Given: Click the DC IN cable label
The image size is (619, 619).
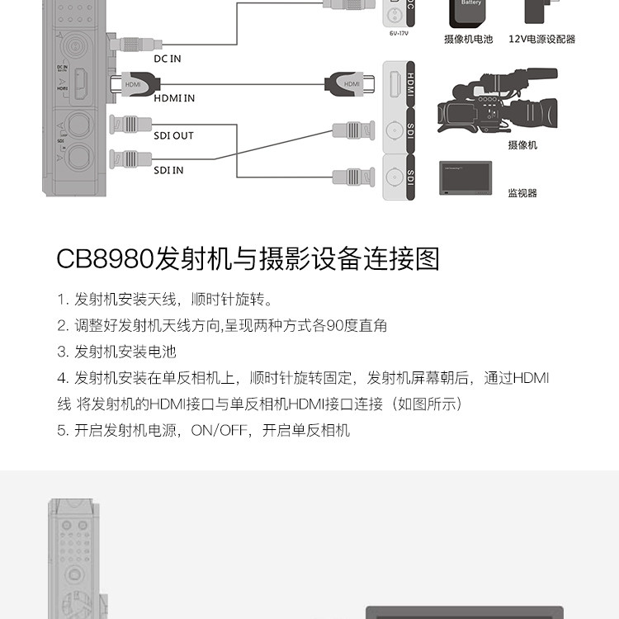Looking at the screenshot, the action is [x=168, y=59].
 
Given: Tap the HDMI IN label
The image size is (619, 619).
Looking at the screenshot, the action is [x=175, y=98].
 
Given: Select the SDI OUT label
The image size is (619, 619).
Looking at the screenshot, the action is [x=173, y=135].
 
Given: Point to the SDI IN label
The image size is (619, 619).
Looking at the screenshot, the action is [x=168, y=170].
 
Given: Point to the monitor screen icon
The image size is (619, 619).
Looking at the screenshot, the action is [x=466, y=175].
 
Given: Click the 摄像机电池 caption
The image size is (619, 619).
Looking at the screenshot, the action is [x=468, y=39].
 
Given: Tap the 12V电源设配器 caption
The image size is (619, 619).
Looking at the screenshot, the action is [x=541, y=39].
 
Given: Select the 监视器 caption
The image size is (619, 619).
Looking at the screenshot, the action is [x=522, y=193].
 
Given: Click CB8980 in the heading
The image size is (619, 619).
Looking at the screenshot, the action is [x=105, y=258].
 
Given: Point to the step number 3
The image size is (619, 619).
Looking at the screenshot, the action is [x=62, y=352].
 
